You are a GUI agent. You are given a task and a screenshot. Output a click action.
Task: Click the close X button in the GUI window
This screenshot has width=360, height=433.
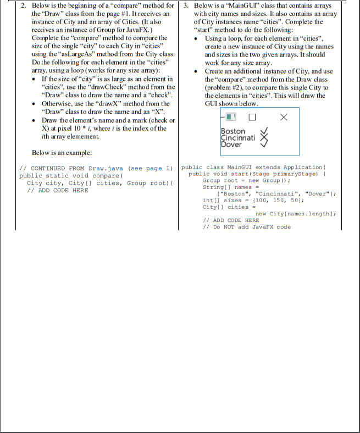[x=283, y=117]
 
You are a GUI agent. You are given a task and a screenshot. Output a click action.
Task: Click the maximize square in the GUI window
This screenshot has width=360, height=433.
[x=252, y=117]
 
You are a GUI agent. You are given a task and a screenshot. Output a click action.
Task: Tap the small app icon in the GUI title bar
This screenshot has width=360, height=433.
[x=230, y=117]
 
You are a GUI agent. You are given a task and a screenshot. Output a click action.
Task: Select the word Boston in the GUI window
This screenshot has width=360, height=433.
[x=233, y=131]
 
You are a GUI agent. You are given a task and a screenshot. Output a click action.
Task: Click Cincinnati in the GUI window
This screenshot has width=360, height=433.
[x=238, y=138]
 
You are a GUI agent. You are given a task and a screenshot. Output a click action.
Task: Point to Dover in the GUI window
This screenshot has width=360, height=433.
[x=231, y=145]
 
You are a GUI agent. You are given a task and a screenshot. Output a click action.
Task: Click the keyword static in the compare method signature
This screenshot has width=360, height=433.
[x=58, y=176]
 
